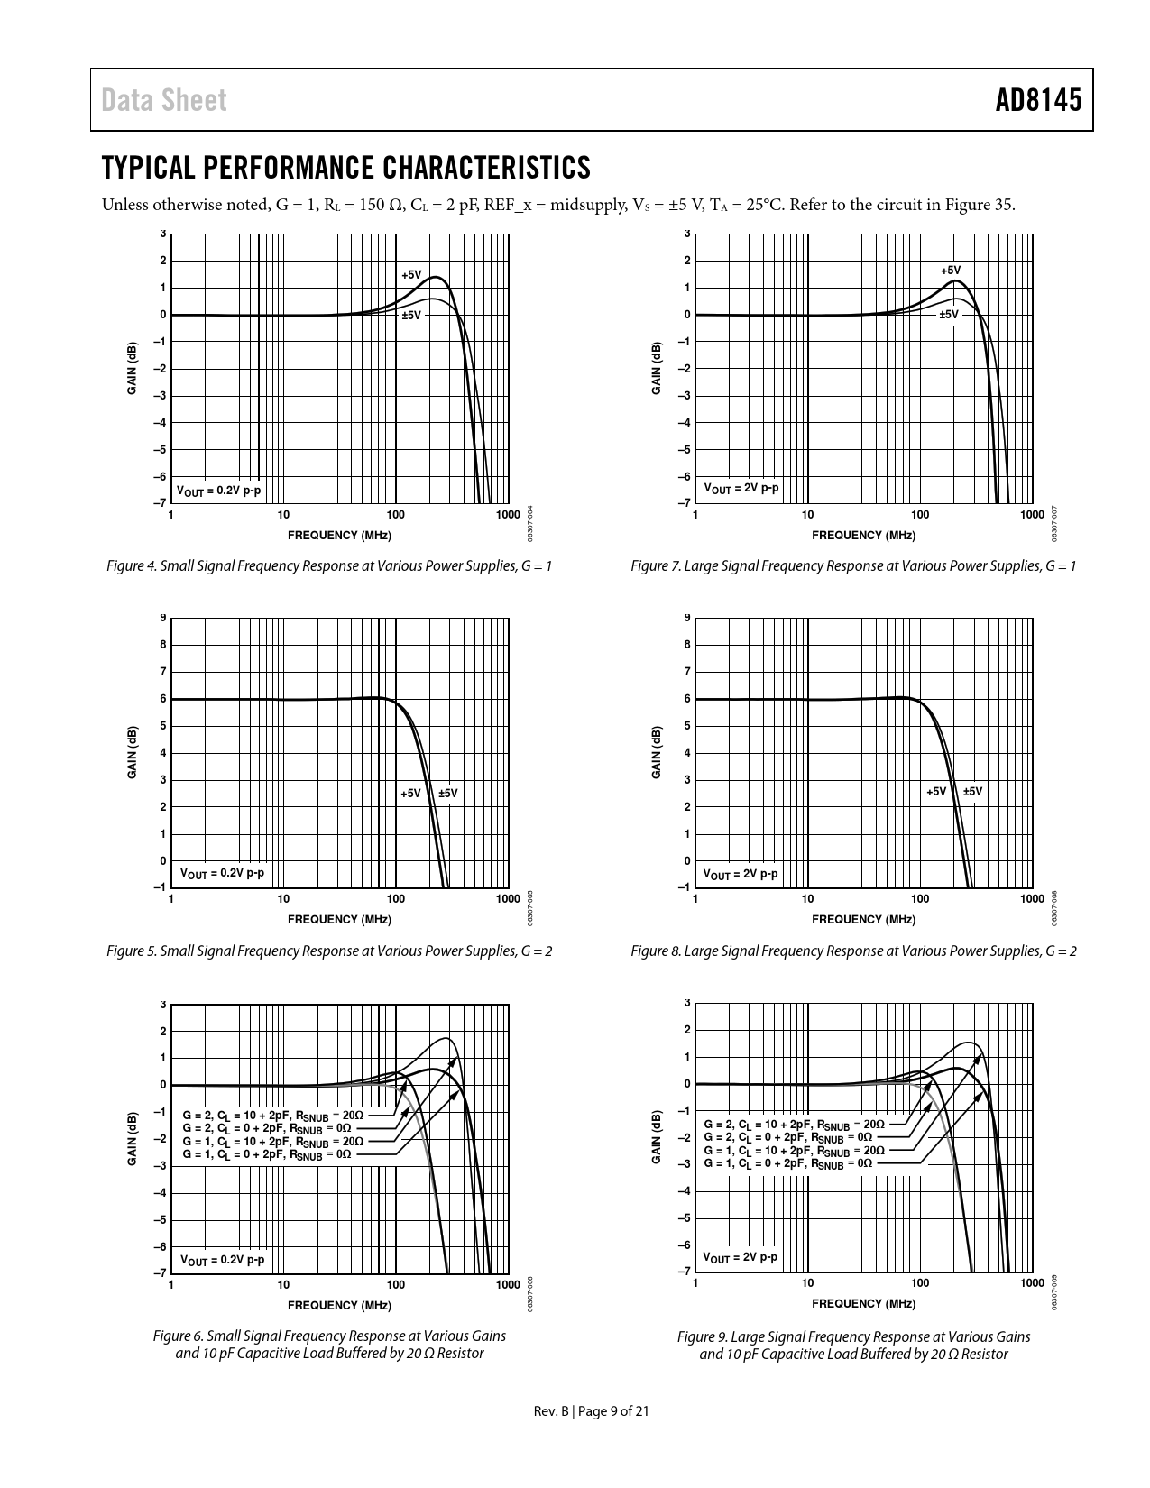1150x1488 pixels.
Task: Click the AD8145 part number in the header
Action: pyautogui.click(x=1037, y=100)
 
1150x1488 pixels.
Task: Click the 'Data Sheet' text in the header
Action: pyautogui.click(x=164, y=100)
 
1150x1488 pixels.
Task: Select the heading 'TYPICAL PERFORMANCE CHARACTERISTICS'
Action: pyautogui.click(x=345, y=168)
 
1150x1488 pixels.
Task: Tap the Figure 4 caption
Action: pyautogui.click(x=329, y=566)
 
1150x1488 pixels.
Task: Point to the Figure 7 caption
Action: pyautogui.click(x=853, y=566)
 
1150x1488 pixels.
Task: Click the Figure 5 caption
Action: pyautogui.click(x=329, y=951)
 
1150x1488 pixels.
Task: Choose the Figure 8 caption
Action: pyautogui.click(x=853, y=951)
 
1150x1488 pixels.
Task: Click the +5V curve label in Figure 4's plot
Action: pyautogui.click(x=411, y=274)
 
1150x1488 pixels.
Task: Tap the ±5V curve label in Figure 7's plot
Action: pyautogui.click(x=948, y=315)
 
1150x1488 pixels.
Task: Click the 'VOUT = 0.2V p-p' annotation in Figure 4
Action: pyautogui.click(x=218, y=491)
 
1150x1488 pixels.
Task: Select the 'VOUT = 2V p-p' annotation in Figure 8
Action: pyautogui.click(x=740, y=874)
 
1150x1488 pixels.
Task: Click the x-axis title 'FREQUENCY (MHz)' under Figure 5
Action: pyautogui.click(x=339, y=920)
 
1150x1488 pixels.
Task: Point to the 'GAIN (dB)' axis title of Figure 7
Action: pyautogui.click(x=657, y=368)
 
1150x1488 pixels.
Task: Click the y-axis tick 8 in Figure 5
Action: pyautogui.click(x=163, y=645)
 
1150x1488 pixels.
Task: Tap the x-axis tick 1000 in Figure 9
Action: pyautogui.click(x=1031, y=1283)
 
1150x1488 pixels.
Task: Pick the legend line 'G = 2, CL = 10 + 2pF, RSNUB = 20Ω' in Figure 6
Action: pyautogui.click(x=273, y=1116)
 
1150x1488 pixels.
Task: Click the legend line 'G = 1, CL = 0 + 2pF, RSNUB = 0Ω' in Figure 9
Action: pyautogui.click(x=787, y=1163)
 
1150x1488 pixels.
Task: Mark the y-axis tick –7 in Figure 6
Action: pyautogui.click(x=161, y=1273)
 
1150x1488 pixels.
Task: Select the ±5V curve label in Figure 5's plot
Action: pyautogui.click(x=448, y=794)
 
